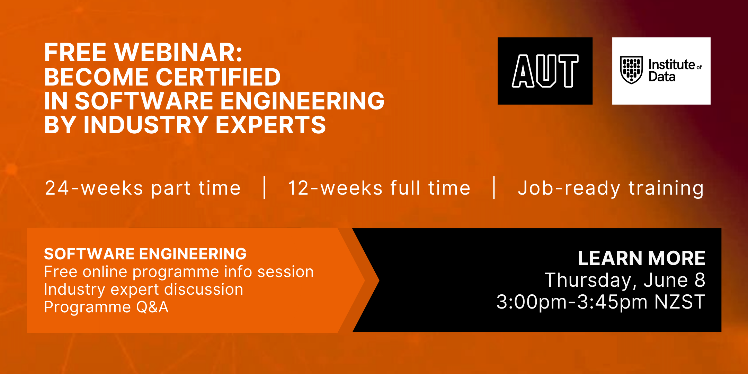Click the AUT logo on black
545,71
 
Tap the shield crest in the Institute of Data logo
631,70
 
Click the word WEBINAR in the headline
178,53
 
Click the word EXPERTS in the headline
271,125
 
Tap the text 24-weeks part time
143,188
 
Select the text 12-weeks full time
379,188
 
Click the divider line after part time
265,188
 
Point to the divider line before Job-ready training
494,188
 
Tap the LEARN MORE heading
642,258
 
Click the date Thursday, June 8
625,280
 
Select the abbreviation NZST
680,302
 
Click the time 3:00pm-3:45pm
572,302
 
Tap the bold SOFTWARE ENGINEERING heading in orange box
145,254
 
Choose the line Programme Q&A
106,307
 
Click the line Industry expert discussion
144,290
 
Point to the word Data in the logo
662,77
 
